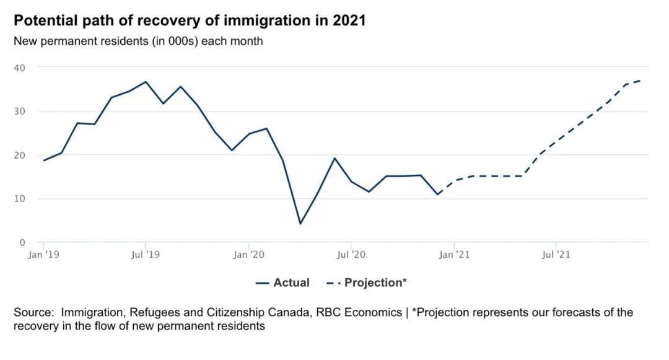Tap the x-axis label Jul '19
click(146, 254)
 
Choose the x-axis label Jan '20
click(248, 254)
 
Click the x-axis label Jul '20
click(351, 254)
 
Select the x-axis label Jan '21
click(454, 254)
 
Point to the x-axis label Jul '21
click(556, 254)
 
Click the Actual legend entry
click(283, 283)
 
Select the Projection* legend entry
click(367, 283)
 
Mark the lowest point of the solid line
click(300, 223)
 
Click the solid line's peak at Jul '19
click(146, 82)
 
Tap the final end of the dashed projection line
click(641, 81)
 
